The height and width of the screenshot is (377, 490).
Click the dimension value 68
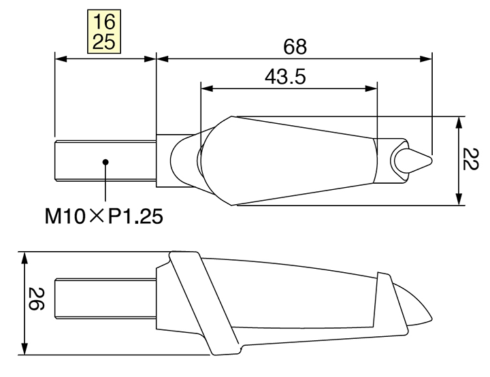(x=295, y=47)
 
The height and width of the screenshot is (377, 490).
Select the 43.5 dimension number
(x=285, y=77)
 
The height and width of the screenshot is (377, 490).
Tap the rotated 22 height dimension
(x=470, y=159)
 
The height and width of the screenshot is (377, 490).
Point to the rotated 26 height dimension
(x=36, y=299)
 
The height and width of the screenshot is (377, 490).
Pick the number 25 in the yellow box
(x=104, y=42)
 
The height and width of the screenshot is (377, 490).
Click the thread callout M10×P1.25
(x=103, y=216)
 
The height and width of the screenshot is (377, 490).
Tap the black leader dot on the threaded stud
(x=105, y=162)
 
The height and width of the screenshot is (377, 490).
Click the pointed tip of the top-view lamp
(x=431, y=161)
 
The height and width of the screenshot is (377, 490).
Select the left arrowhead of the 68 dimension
(x=162, y=59)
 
